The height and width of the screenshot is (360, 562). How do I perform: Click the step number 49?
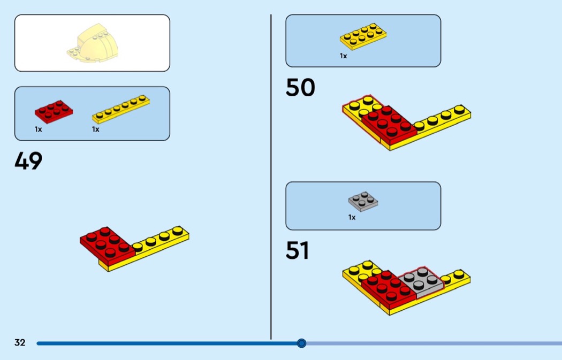(28, 161)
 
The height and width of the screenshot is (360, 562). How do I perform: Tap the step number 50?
(300, 88)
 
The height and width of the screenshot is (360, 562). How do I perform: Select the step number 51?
(298, 250)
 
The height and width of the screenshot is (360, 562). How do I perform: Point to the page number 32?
(20, 343)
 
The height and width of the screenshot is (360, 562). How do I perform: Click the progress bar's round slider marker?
(301, 343)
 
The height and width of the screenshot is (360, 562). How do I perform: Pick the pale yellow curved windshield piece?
(96, 43)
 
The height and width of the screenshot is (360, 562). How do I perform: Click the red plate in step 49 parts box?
(54, 110)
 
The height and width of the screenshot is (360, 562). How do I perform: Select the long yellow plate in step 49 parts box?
(120, 109)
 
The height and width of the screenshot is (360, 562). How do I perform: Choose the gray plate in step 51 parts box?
(362, 202)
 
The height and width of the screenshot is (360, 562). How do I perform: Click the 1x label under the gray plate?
(352, 218)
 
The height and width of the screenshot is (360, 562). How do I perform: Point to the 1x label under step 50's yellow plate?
(343, 56)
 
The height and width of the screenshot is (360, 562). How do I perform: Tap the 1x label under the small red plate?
(39, 129)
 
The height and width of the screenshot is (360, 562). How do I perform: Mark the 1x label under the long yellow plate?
(95, 129)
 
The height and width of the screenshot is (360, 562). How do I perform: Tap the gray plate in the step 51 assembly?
(421, 281)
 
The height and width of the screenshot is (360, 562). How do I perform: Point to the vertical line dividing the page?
(271, 177)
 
